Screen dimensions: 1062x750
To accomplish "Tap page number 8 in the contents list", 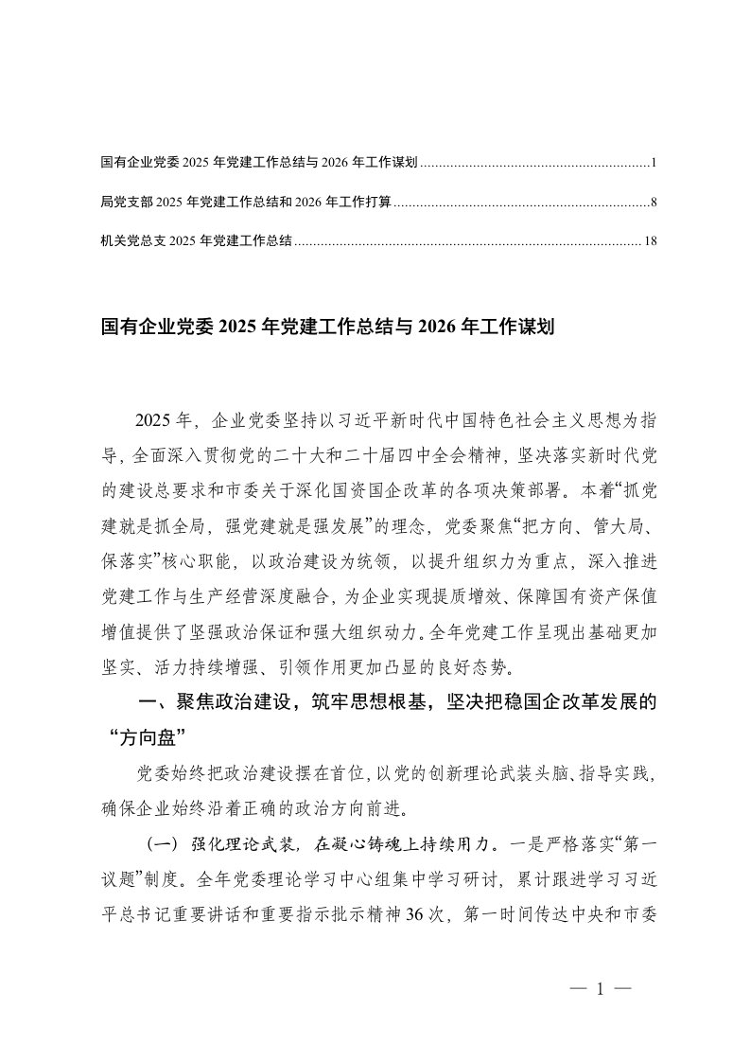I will click(653, 203).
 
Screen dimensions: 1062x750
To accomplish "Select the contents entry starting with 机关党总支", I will click(196, 241).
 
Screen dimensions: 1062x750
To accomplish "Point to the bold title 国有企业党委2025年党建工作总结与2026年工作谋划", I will click(326, 327).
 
